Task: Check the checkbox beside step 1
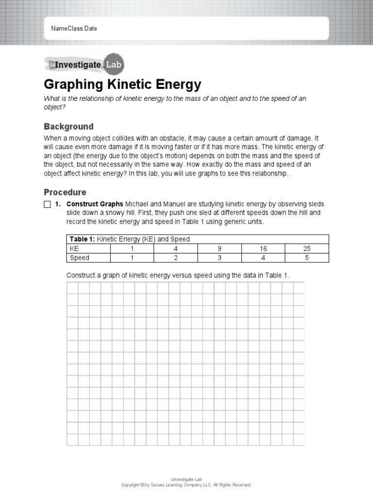click(x=47, y=204)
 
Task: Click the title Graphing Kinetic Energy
click(x=122, y=84)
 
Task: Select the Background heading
click(x=68, y=127)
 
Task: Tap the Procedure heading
click(x=65, y=192)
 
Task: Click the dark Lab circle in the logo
click(x=114, y=64)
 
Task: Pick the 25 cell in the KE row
click(x=306, y=248)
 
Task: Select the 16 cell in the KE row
click(x=263, y=248)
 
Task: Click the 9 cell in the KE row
click(x=219, y=248)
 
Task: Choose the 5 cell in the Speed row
click(x=306, y=258)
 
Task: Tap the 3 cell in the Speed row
click(x=219, y=258)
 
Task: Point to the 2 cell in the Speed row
click(x=175, y=258)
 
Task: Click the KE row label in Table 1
click(x=74, y=248)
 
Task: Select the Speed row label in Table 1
click(x=79, y=258)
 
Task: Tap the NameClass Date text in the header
click(x=74, y=29)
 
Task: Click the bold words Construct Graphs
click(x=95, y=204)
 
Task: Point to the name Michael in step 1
click(x=137, y=204)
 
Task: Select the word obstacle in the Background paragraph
click(x=169, y=138)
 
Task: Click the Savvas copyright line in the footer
click(x=186, y=485)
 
